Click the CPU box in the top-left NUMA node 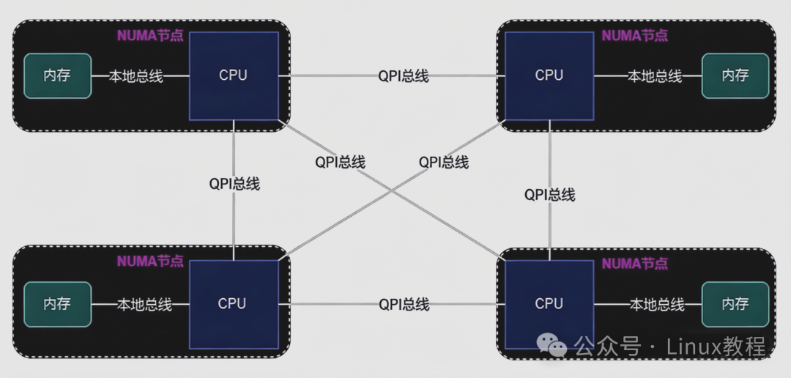234,75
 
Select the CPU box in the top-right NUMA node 549,75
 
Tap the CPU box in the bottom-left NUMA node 232,303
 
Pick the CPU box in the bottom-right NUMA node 549,303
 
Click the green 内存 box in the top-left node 57,75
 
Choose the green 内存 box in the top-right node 735,75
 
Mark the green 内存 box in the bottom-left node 57,303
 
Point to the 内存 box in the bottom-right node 735,303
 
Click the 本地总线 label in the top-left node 136,75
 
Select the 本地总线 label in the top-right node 655,75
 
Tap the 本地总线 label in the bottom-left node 144,303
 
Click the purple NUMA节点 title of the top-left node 150,35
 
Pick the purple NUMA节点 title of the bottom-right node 634,264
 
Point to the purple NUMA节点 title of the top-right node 634,35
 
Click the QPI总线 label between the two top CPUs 404,75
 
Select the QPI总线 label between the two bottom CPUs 404,303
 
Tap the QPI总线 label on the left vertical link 234,184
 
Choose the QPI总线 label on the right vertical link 549,194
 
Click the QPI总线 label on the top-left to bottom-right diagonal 340,162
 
